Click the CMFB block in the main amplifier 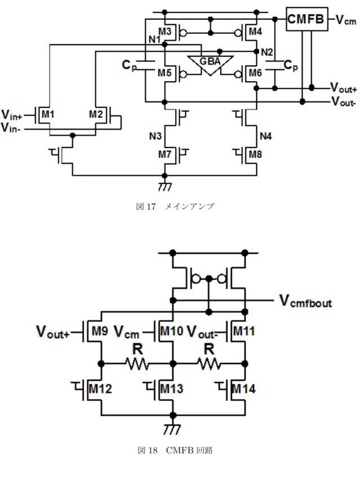[306, 19]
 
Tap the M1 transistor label [48, 114]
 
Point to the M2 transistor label [96, 114]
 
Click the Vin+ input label [12, 115]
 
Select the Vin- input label [11, 127]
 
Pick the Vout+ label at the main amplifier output [343, 88]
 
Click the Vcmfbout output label [305, 301]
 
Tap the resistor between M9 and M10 [137, 364]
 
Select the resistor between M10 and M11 [209, 364]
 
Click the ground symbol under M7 [165, 186]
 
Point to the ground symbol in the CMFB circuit [172, 428]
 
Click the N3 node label [155, 136]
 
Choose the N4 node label [265, 136]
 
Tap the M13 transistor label [172, 389]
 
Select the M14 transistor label [243, 389]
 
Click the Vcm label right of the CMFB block [346, 20]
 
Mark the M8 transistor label [255, 154]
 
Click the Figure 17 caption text [175, 206]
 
